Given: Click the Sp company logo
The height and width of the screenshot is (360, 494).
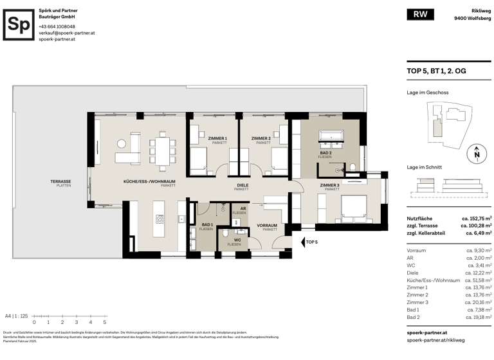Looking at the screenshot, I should tap(19, 25).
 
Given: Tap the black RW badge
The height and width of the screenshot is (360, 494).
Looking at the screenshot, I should tap(420, 15).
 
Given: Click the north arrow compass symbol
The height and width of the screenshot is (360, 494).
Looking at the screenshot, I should tap(476, 153).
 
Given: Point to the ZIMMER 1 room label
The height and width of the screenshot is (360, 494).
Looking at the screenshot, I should tap(217, 139).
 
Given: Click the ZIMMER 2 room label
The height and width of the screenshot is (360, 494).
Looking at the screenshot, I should tap(261, 139).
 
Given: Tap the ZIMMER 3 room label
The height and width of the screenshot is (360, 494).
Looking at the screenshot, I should tap(331, 186).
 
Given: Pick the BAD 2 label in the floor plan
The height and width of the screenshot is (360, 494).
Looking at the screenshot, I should tap(325, 154).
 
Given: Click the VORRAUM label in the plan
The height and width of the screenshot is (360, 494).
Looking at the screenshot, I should tap(267, 226).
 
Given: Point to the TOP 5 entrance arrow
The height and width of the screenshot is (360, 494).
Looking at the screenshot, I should tap(304, 242).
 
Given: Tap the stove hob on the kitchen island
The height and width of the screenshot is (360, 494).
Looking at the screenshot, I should tap(160, 219).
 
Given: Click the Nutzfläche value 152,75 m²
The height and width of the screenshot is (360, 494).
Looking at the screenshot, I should tap(477, 219).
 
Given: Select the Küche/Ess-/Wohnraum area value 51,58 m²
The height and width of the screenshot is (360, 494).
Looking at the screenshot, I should tap(479, 280).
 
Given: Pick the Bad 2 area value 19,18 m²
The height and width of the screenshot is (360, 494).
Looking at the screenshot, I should tap(479, 317).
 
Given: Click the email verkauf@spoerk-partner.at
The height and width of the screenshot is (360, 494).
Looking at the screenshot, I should tap(66, 33).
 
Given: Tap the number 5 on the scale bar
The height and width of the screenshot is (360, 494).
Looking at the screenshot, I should tap(104, 322).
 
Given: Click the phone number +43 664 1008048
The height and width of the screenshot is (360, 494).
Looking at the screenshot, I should tap(57, 26).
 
